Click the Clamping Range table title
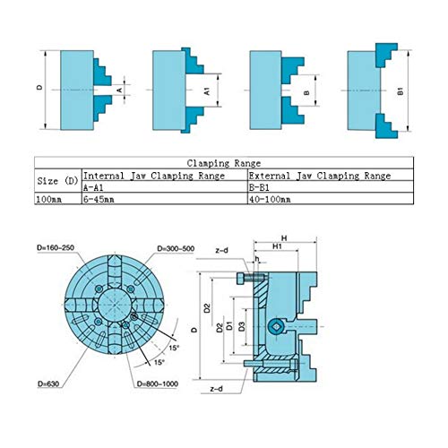[224, 164]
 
